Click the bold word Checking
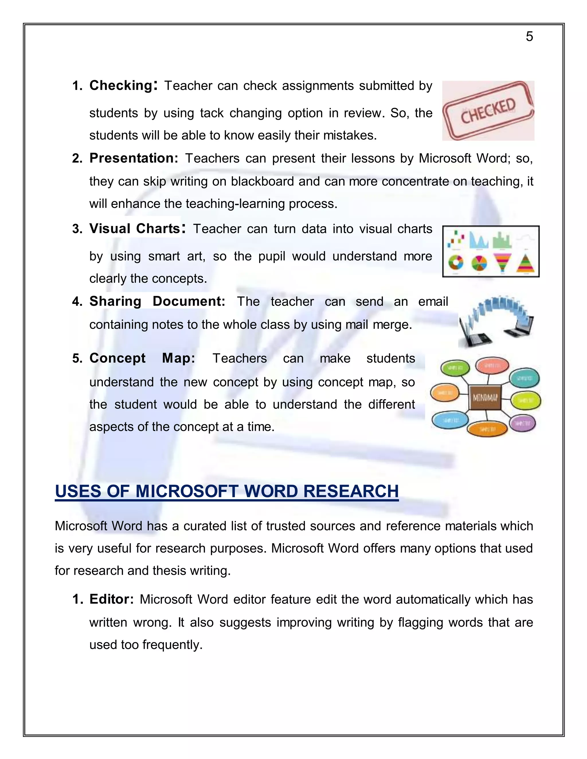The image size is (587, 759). click(121, 85)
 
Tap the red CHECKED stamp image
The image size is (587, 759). click(488, 111)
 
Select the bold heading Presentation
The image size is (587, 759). click(134, 158)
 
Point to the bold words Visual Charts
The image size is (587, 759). click(135, 229)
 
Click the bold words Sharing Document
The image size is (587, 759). click(157, 301)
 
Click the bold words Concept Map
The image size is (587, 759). click(142, 358)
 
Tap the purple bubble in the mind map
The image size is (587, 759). click(522, 423)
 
